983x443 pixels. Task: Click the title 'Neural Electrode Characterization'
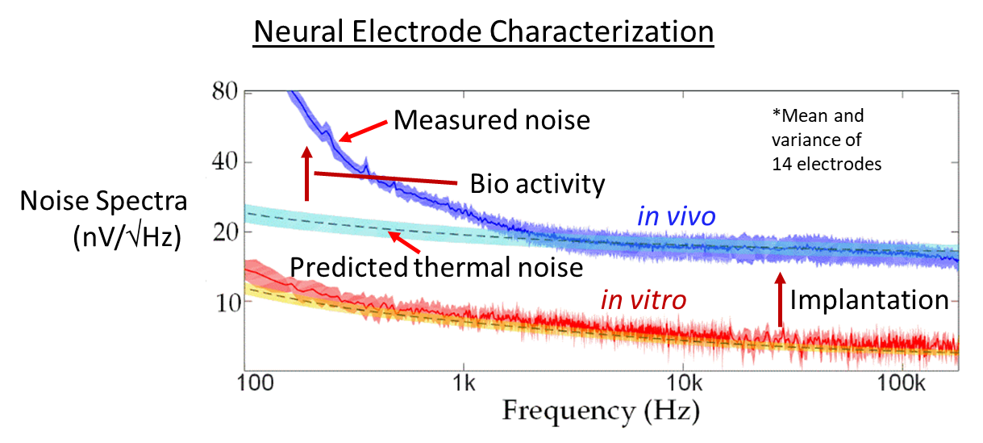484,32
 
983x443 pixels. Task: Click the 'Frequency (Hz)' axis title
602,411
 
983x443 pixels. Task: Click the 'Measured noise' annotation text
492,121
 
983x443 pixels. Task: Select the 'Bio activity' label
537,185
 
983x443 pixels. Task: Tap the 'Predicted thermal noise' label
435,266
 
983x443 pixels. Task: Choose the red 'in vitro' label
643,300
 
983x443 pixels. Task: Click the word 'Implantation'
868,300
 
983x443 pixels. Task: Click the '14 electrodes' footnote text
826,164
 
